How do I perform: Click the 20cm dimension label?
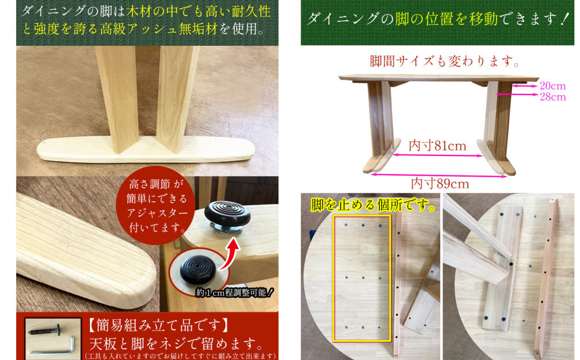click(x=552, y=86)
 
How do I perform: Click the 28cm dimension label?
click(x=552, y=97)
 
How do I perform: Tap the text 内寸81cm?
click(x=437, y=146)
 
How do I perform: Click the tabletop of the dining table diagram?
click(x=435, y=78)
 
